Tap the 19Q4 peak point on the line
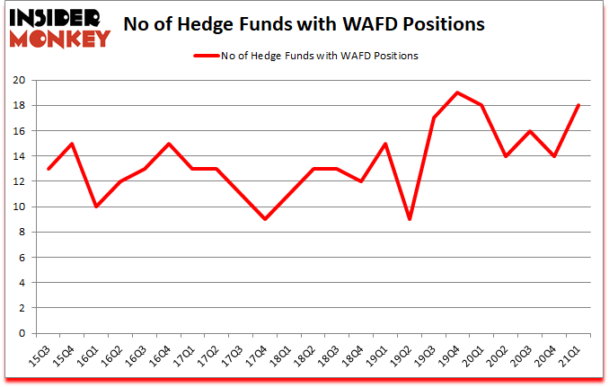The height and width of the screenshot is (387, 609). (x=458, y=92)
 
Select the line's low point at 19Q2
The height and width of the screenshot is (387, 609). (x=409, y=219)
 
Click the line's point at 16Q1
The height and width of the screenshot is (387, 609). (x=97, y=207)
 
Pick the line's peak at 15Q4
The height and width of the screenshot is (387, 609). (x=72, y=144)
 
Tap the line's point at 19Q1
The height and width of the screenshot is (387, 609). (x=384, y=144)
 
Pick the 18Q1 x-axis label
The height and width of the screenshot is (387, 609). (x=281, y=356)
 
